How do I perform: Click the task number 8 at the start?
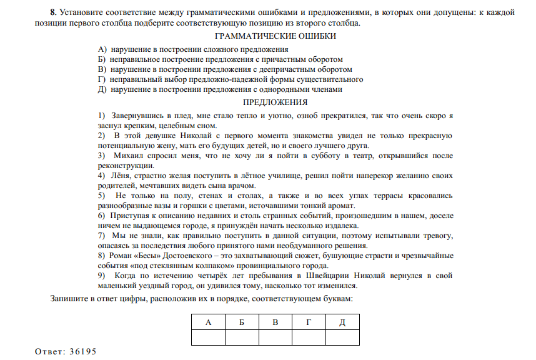point(53,12)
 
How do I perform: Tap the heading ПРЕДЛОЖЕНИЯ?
point(275,102)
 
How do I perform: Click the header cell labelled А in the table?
point(207,322)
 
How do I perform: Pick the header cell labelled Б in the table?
point(241,322)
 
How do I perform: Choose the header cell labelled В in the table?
point(275,322)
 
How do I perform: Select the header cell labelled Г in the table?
point(309,322)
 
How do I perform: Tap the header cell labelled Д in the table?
point(342,322)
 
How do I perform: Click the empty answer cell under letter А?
point(207,337)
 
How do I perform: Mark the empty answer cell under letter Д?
point(342,337)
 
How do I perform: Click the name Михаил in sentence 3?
point(131,155)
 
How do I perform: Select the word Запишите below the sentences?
point(69,298)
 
